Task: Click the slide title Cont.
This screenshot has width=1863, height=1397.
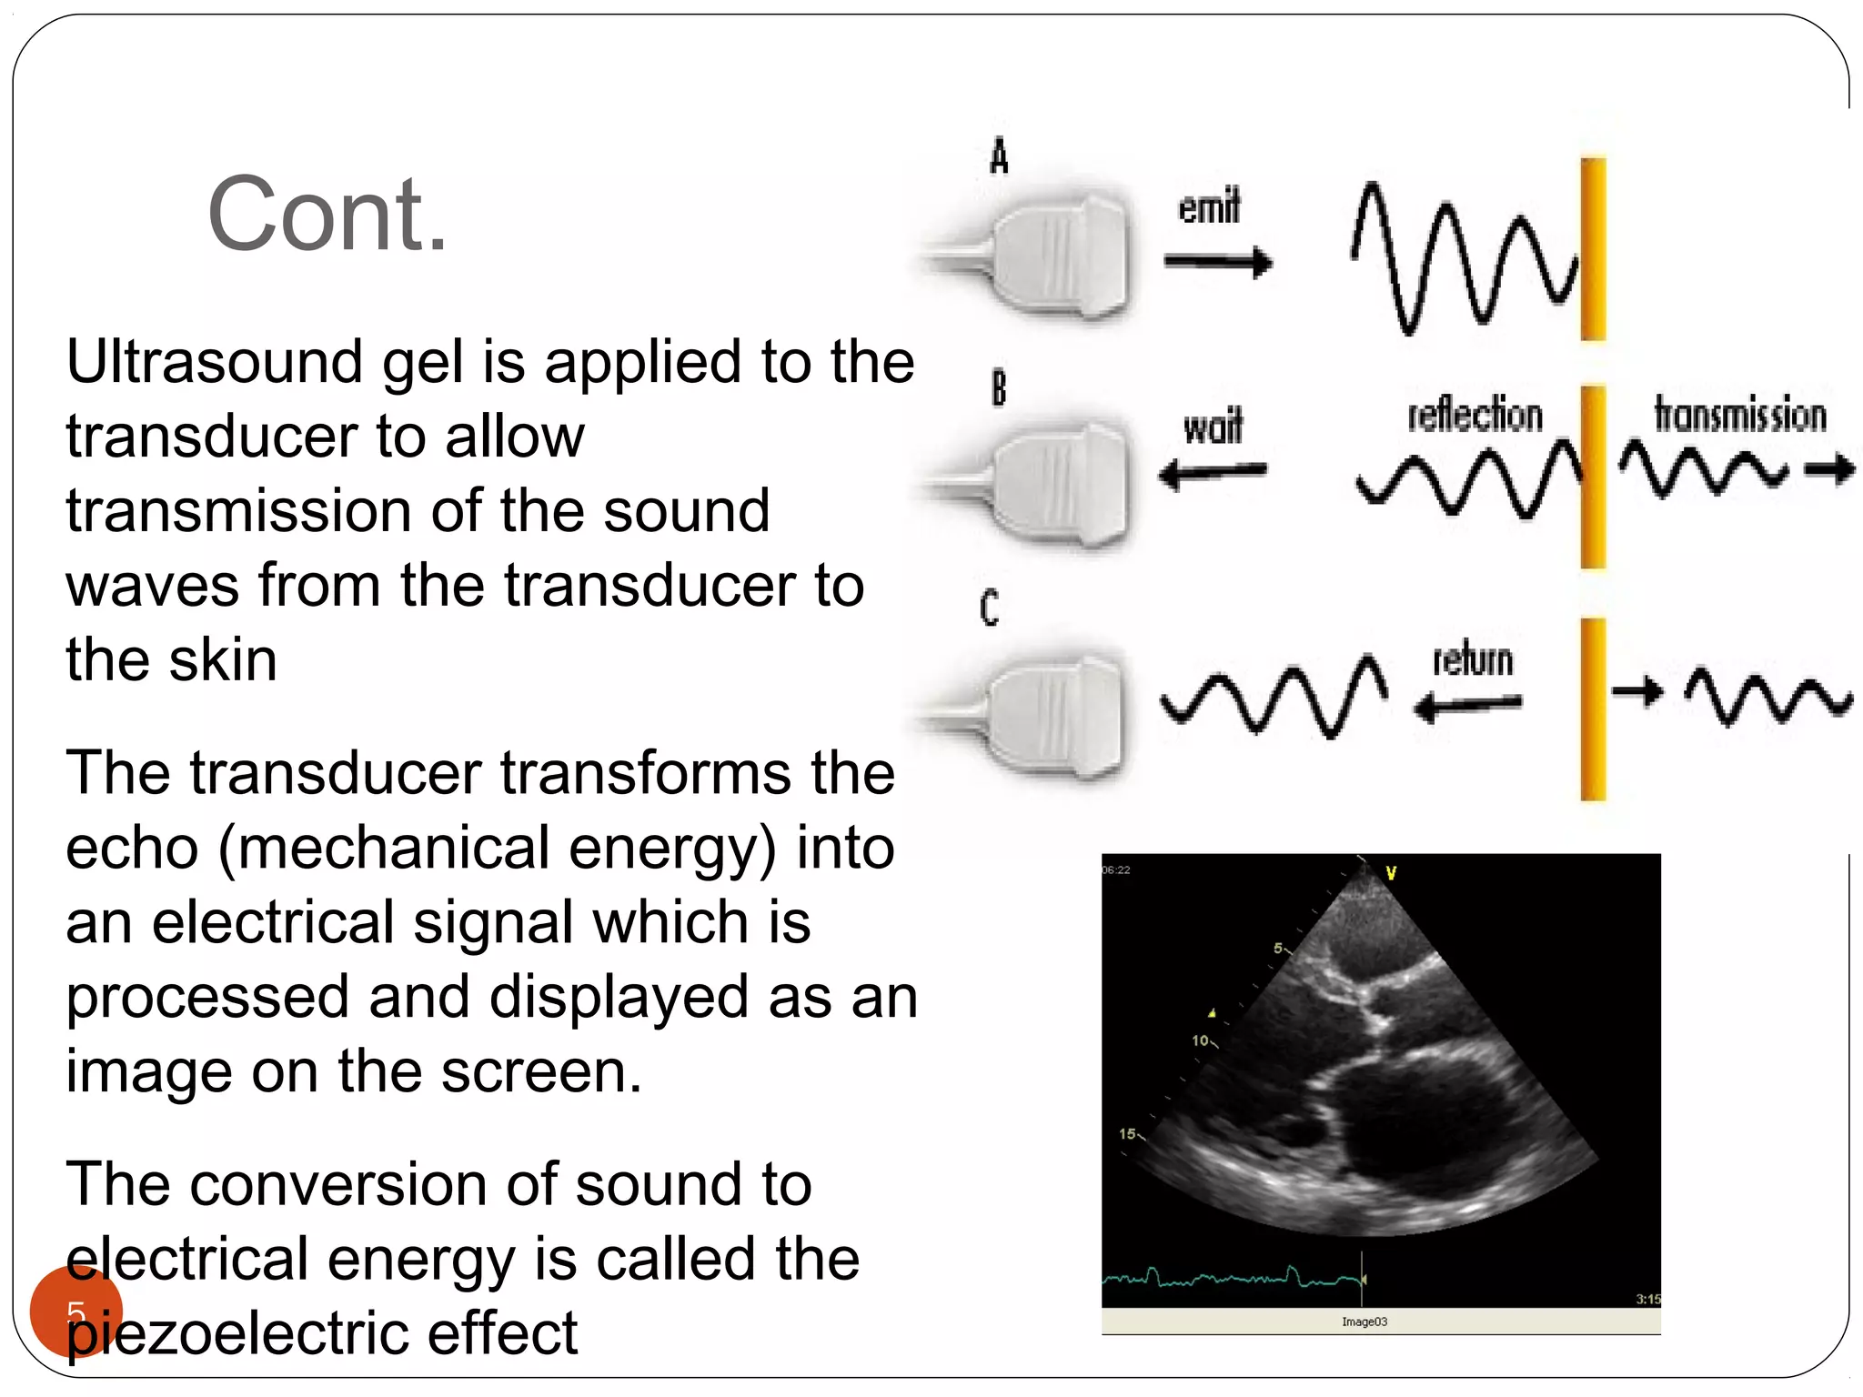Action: (x=327, y=215)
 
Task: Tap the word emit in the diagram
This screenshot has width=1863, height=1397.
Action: (x=1209, y=207)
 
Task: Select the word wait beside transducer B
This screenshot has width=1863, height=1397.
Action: (x=1213, y=427)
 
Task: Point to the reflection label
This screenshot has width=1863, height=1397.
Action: (x=1475, y=415)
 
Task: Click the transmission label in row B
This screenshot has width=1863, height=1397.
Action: (x=1739, y=415)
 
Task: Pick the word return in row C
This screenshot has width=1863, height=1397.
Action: (x=1473, y=659)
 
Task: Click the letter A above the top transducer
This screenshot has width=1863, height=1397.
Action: (x=999, y=156)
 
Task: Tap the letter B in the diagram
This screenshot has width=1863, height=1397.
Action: (x=999, y=387)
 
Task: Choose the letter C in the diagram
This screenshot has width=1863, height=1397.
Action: (x=990, y=608)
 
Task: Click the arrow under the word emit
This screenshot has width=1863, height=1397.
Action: (x=1217, y=263)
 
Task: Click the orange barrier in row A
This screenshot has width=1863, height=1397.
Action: (x=1593, y=249)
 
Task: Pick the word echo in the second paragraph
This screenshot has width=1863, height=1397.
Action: (x=132, y=848)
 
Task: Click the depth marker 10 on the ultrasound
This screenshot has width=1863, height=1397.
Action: (x=1201, y=1040)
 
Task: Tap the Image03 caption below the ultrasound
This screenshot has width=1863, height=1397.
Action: (x=1364, y=1322)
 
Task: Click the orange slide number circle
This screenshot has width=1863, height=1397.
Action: (x=76, y=1311)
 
